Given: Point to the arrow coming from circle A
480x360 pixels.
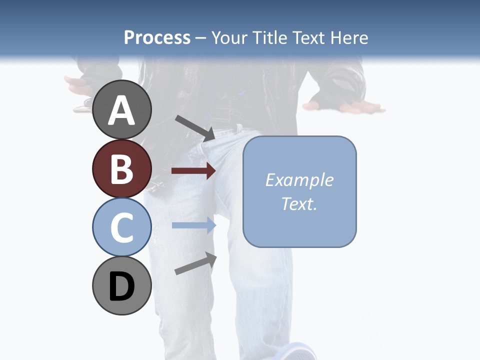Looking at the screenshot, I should pyautogui.click(x=195, y=128).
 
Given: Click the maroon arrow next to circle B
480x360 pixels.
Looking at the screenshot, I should pyautogui.click(x=193, y=171).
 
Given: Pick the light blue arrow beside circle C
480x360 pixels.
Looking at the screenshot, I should pyautogui.click(x=193, y=225).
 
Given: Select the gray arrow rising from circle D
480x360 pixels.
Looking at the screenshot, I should pyautogui.click(x=195, y=263).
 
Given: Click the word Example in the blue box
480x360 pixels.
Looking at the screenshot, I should pyautogui.click(x=299, y=180).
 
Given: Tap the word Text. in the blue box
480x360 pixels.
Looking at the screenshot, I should pyautogui.click(x=299, y=203).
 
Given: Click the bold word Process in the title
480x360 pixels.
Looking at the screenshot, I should pyautogui.click(x=157, y=37).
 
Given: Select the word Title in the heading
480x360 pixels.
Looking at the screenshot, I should pyautogui.click(x=269, y=37).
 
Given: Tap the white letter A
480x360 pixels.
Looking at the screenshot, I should pyautogui.click(x=122, y=111).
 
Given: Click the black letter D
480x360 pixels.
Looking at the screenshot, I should pyautogui.click(x=122, y=287).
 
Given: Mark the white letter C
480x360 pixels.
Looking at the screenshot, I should pyautogui.click(x=122, y=228).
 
